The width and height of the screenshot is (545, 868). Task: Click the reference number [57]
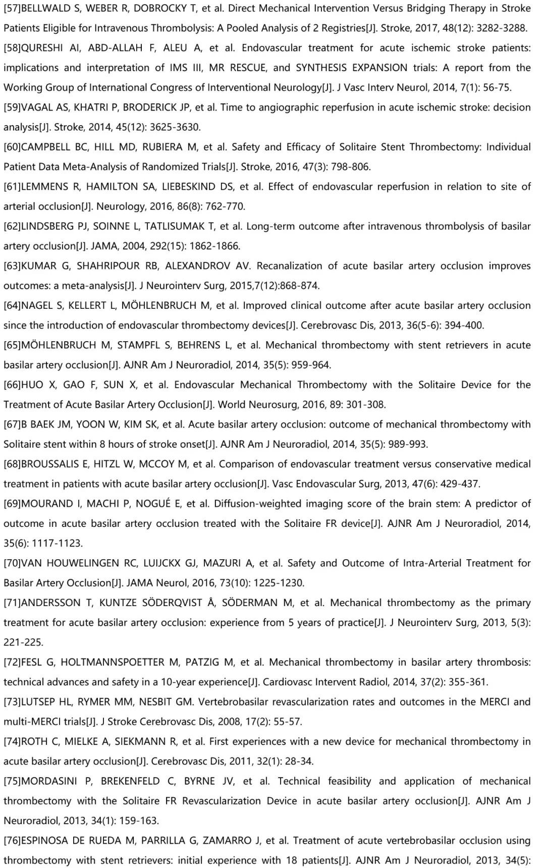pos(12,9)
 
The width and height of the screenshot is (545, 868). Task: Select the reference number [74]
pos(12,742)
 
